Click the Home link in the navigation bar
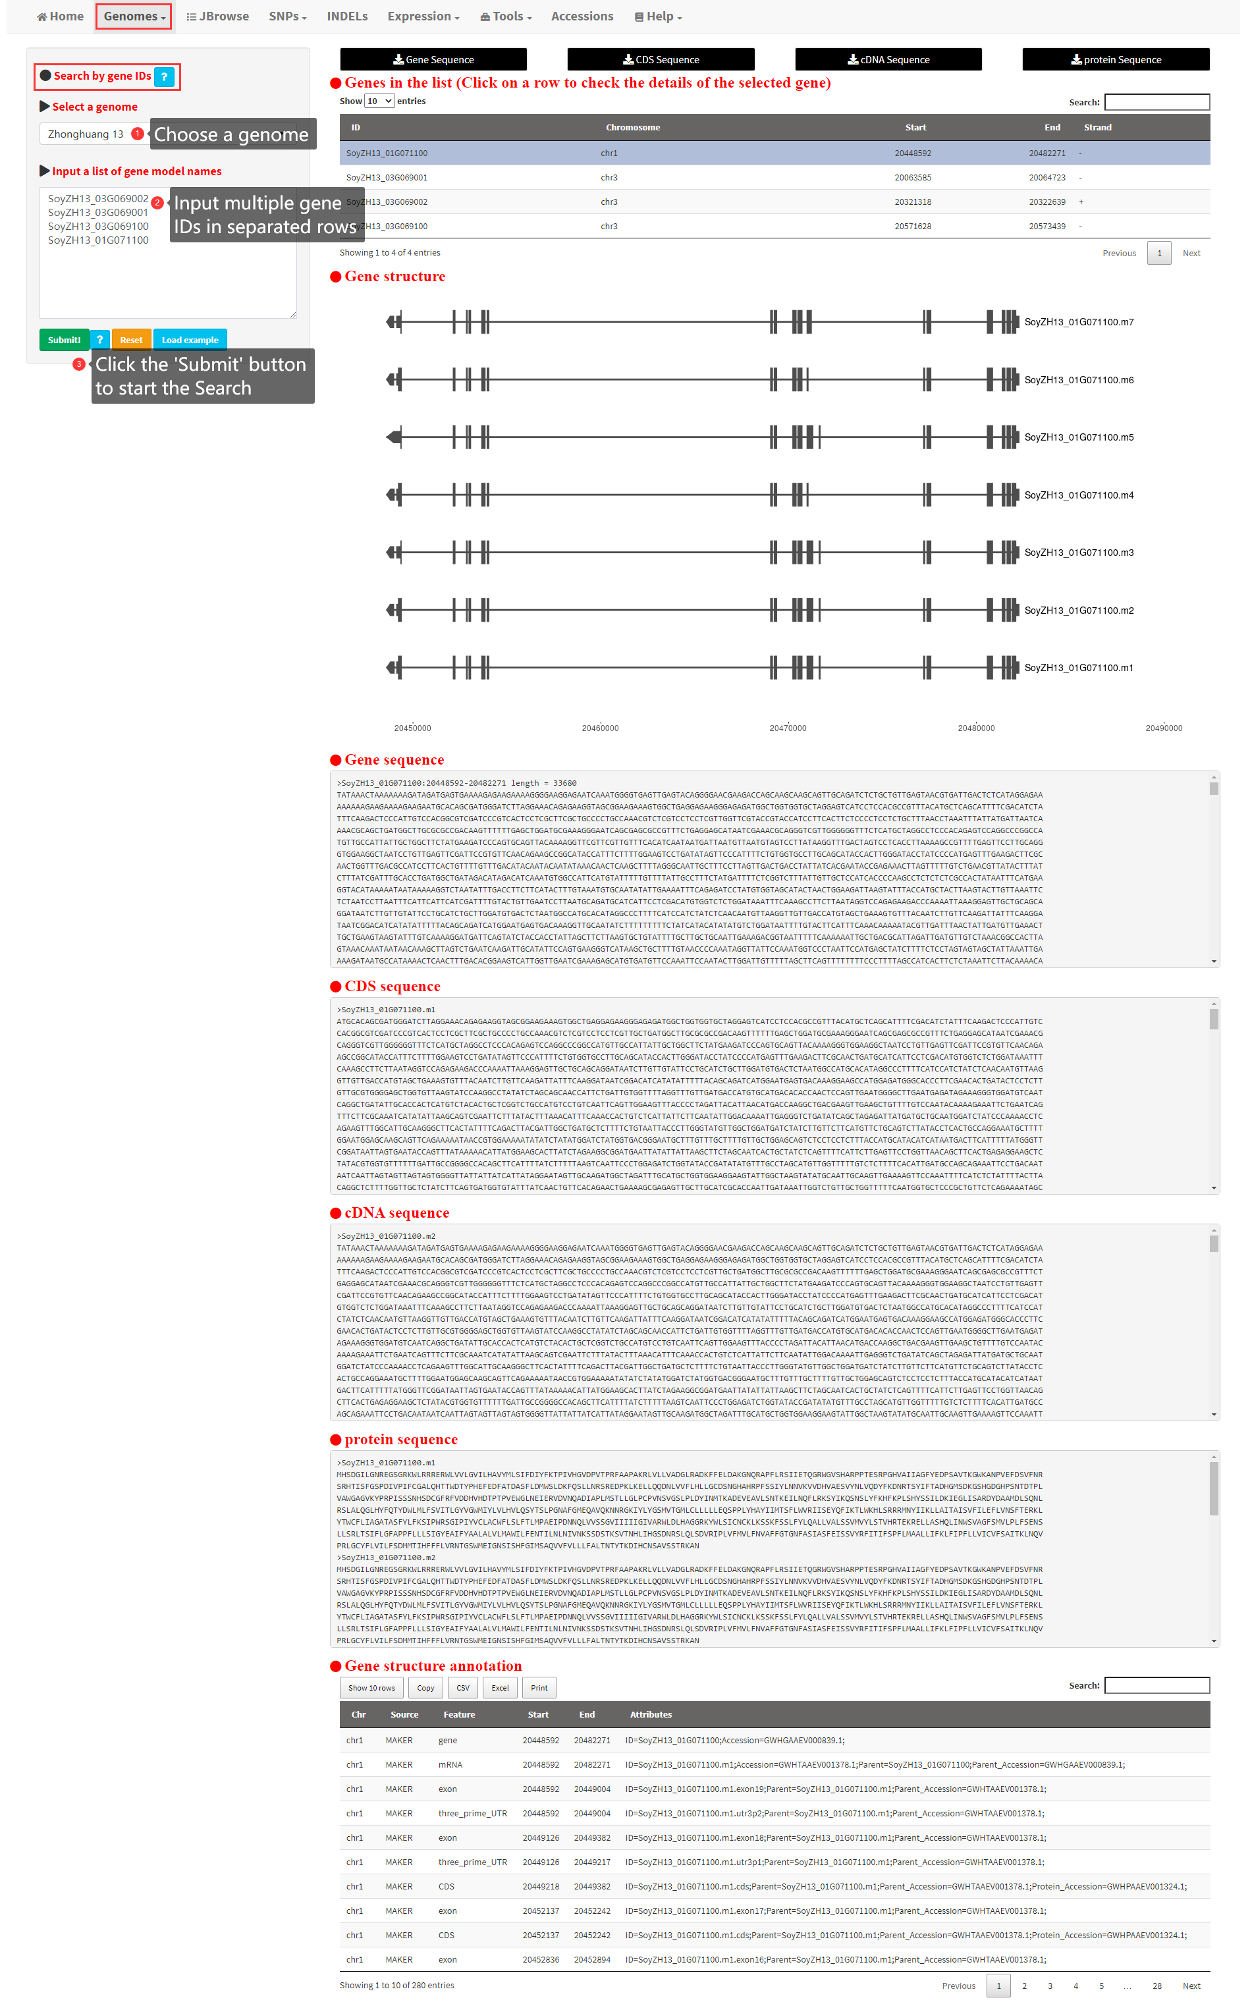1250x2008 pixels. [x=61, y=16]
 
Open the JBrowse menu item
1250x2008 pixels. [x=217, y=16]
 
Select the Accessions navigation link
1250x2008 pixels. [x=582, y=16]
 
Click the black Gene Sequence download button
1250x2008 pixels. [x=433, y=59]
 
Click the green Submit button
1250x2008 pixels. [x=64, y=340]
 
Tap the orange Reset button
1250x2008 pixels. [x=130, y=340]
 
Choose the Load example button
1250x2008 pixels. [x=189, y=340]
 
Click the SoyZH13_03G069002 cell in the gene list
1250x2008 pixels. [x=386, y=202]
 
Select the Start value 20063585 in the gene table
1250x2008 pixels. [x=912, y=178]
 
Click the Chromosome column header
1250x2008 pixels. [x=632, y=127]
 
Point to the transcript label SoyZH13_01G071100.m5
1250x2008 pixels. [x=1078, y=437]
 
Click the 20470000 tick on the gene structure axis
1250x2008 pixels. [x=787, y=728]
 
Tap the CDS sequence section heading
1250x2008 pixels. [x=392, y=987]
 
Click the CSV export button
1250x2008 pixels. [x=463, y=1687]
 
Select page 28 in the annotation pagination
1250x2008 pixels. [x=1156, y=1985]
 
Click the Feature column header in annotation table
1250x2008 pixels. [x=459, y=1714]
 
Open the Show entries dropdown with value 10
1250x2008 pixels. [x=379, y=101]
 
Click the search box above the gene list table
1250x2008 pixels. [x=1156, y=101]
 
